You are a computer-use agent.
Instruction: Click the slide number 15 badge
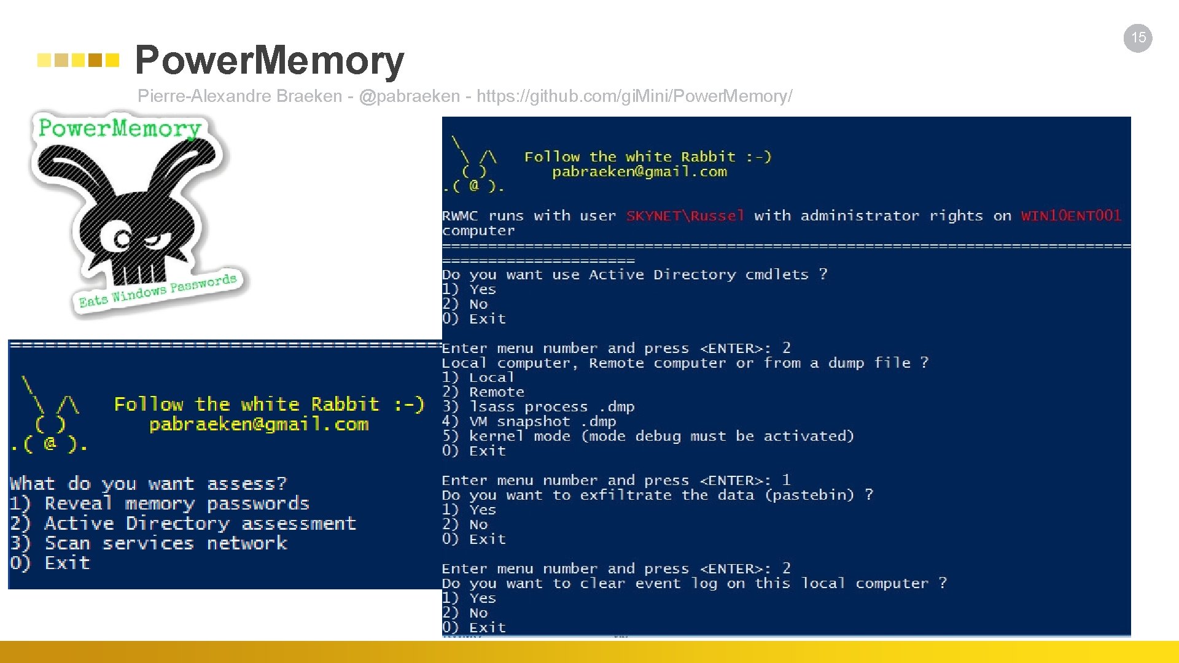click(x=1138, y=38)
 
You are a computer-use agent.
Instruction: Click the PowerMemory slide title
click(x=269, y=60)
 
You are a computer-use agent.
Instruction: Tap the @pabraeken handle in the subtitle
click(x=409, y=96)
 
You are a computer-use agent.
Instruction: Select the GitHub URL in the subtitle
click(x=634, y=96)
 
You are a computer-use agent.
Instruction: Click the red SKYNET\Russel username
click(x=685, y=216)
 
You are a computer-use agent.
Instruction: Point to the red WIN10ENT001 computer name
click(x=1071, y=216)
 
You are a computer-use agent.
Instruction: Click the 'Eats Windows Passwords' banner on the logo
click(x=158, y=290)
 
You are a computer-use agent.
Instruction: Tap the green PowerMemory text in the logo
click(x=120, y=128)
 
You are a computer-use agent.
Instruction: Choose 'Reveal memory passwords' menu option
click(x=176, y=504)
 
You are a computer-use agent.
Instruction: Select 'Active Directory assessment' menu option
click(x=200, y=524)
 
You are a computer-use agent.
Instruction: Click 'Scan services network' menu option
click(x=165, y=543)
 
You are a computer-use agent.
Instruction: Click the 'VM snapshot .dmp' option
click(x=542, y=422)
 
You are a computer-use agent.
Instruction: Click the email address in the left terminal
click(x=259, y=425)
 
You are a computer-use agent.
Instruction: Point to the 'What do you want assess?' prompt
click(x=148, y=484)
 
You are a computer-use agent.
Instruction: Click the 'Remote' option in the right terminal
click(x=496, y=392)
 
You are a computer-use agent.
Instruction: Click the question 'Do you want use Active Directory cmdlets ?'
click(x=634, y=275)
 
